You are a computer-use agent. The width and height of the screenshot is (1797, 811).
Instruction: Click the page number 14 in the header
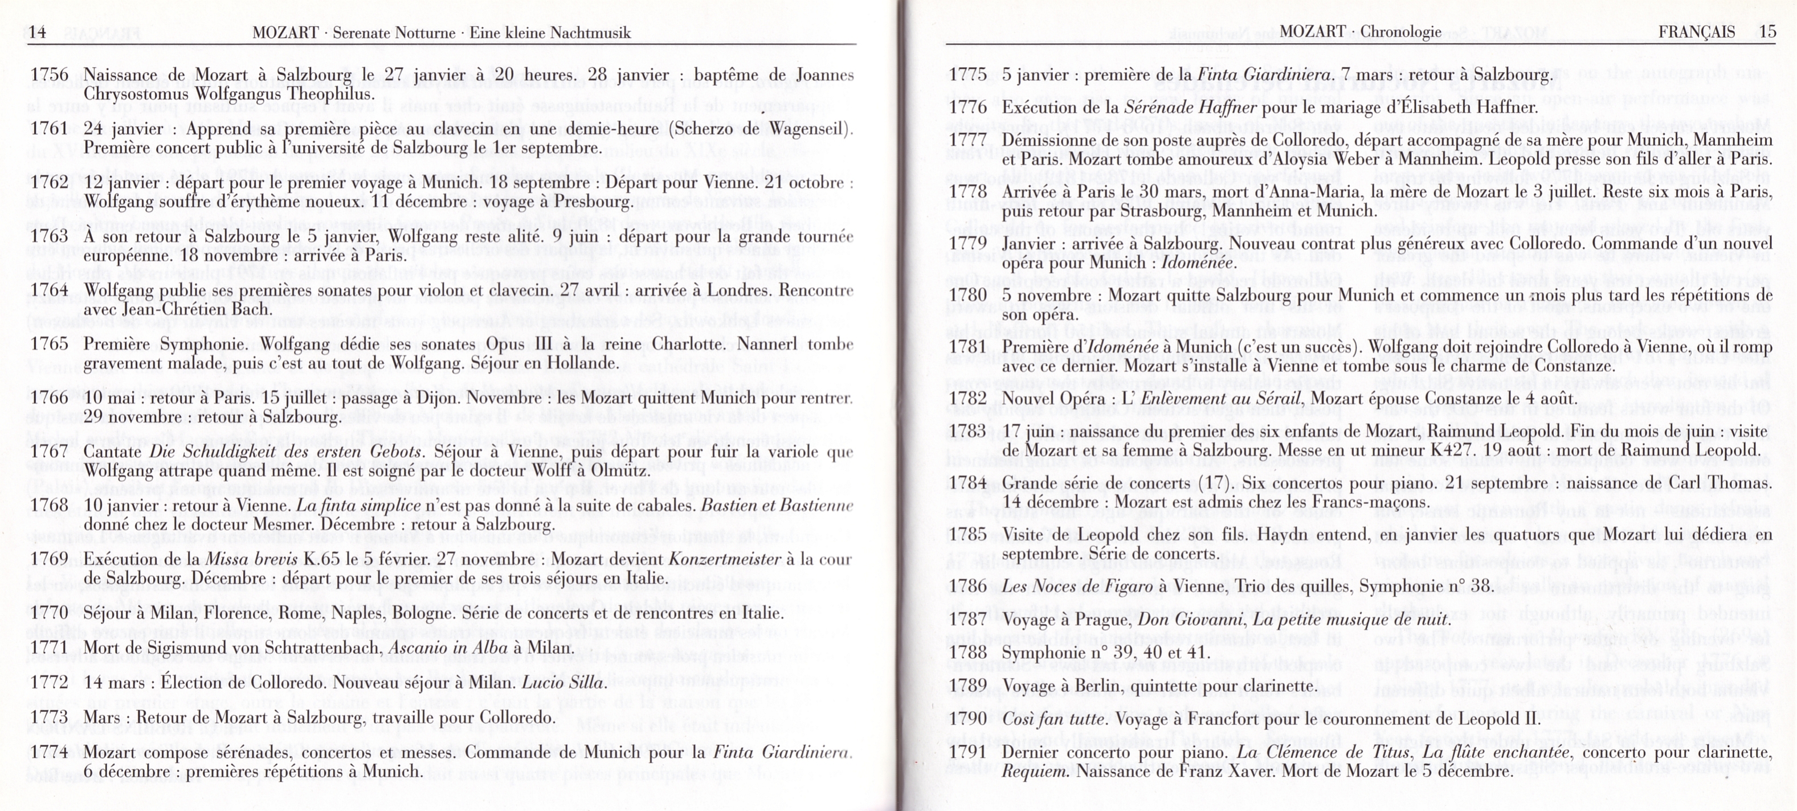(x=37, y=32)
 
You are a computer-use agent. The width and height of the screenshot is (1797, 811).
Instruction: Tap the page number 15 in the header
(x=1767, y=31)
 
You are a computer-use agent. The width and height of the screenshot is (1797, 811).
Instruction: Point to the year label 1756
(x=50, y=75)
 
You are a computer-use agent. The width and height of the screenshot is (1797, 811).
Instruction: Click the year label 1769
(x=50, y=559)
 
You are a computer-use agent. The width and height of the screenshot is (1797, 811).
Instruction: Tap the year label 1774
(x=50, y=752)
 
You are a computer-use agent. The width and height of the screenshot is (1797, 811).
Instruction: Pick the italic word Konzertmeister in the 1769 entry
(x=725, y=559)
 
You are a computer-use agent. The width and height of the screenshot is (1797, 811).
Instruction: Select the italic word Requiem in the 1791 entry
(x=1035, y=771)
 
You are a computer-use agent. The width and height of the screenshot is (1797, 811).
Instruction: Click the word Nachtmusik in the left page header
(x=590, y=32)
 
